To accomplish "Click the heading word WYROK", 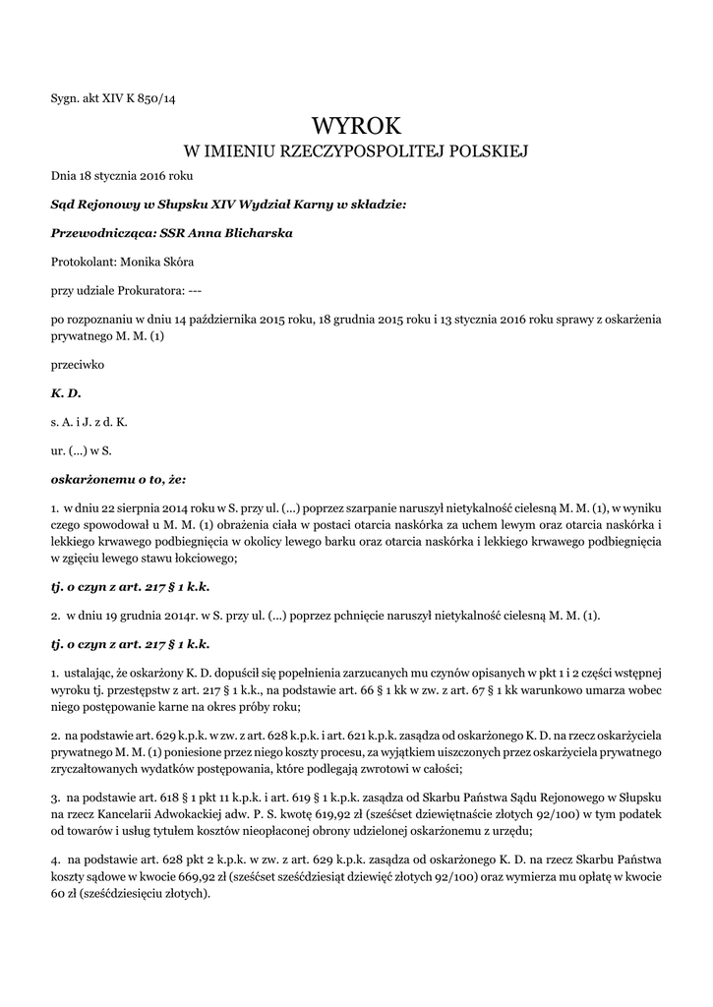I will point(356,125).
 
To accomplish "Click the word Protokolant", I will point(84,262).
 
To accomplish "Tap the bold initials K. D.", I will point(65,392).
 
